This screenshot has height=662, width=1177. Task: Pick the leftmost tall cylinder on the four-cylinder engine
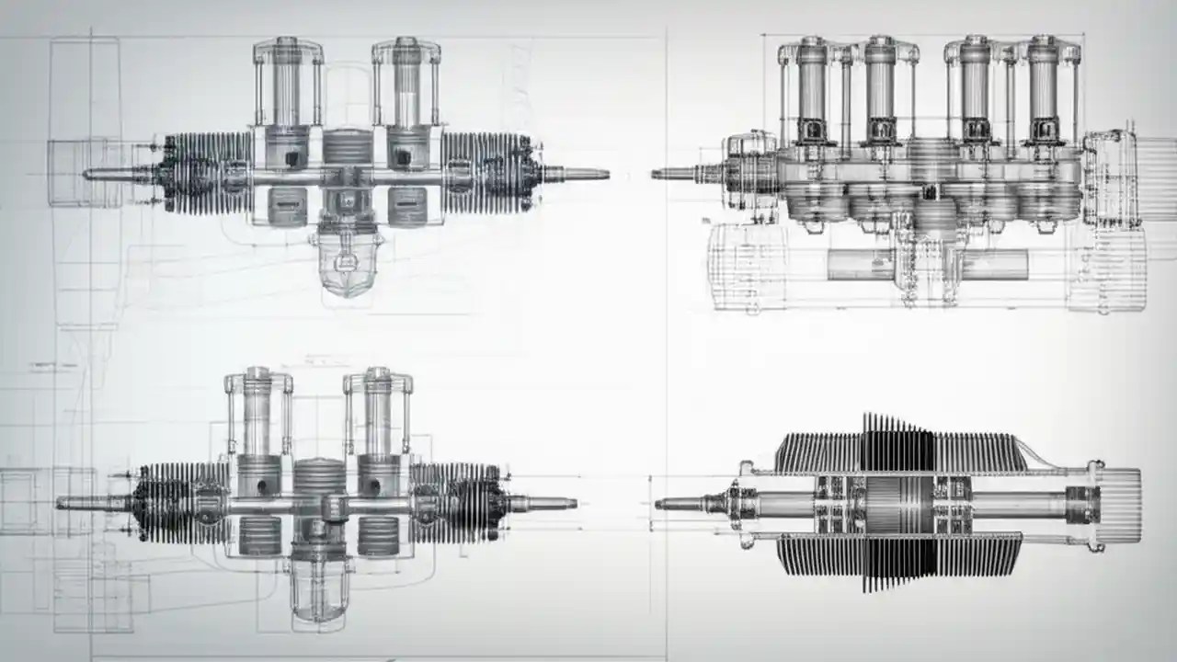[811, 87]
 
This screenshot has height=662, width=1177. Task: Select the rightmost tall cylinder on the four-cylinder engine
[1042, 87]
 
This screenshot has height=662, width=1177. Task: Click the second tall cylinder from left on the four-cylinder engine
[879, 87]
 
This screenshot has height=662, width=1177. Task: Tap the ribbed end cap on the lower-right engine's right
[1119, 504]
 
